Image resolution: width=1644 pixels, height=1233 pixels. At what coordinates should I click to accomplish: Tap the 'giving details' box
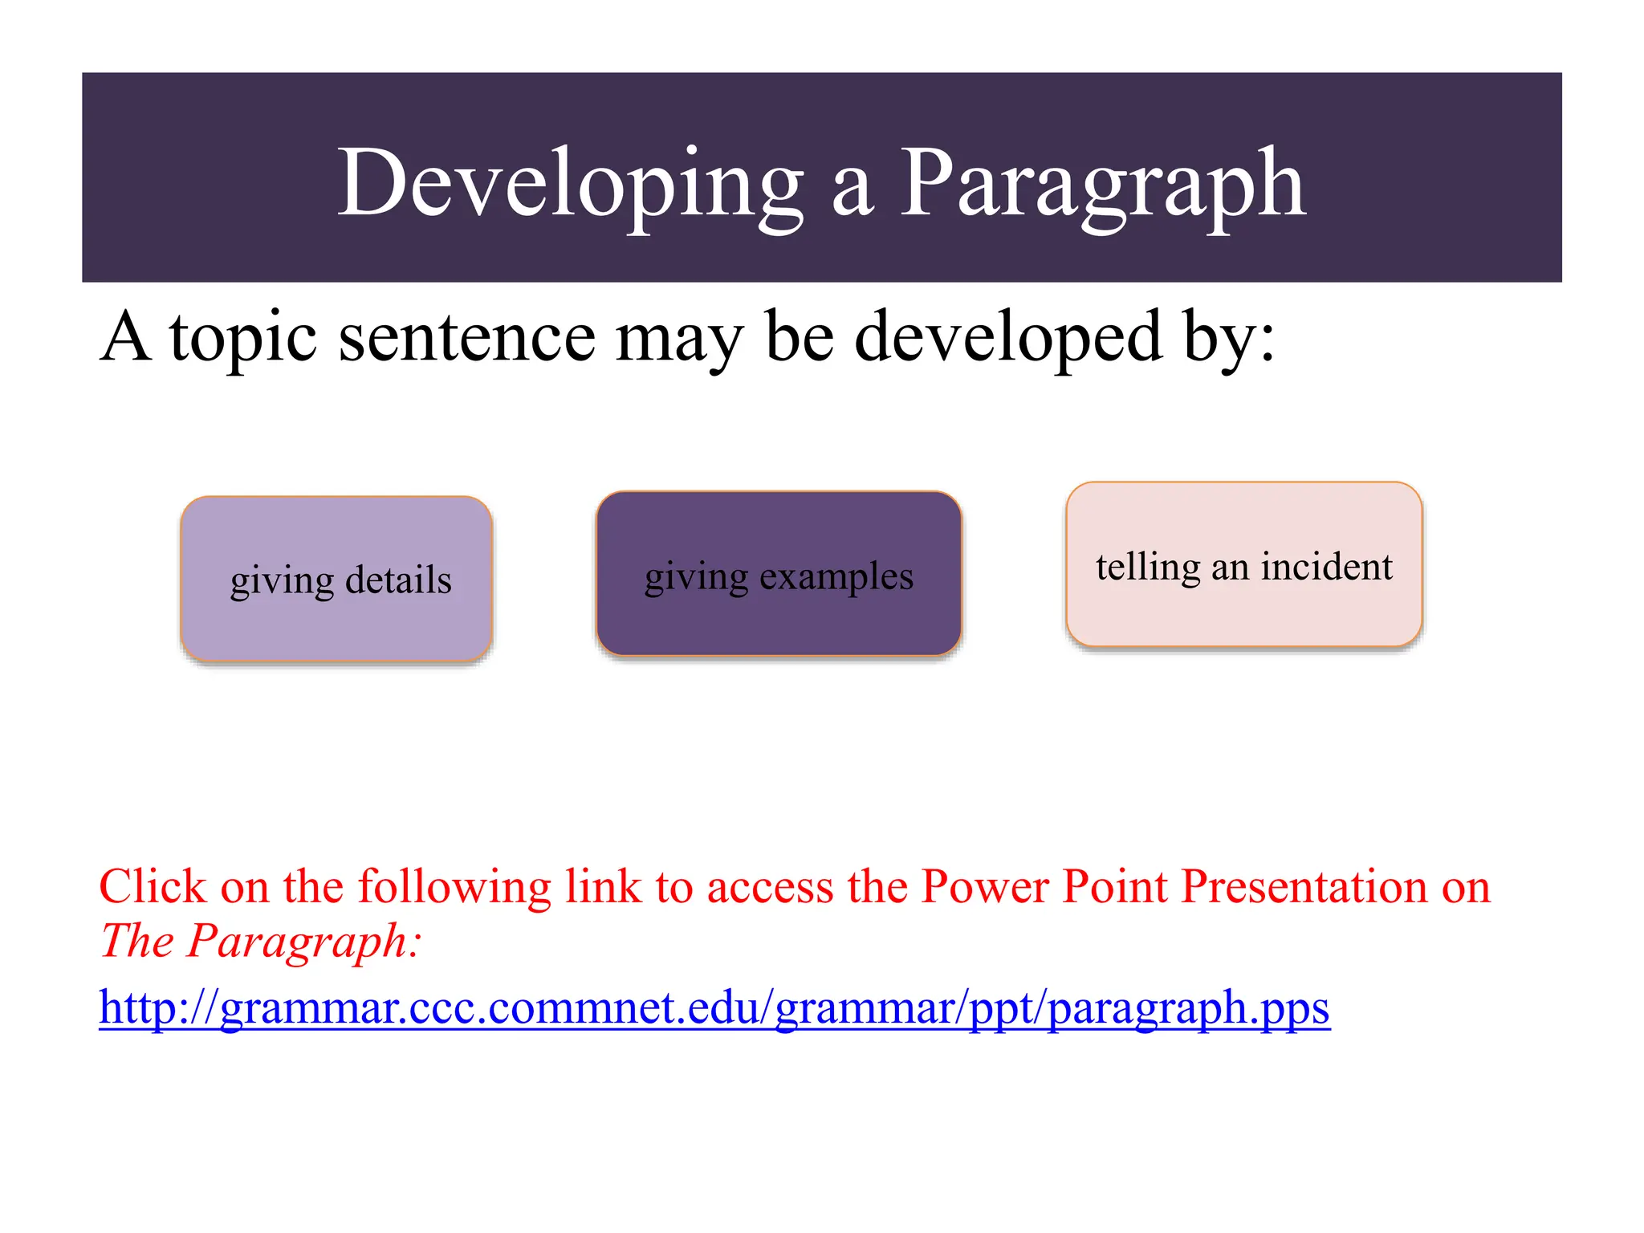click(336, 579)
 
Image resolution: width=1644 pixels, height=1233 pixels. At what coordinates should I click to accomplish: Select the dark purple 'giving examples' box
click(779, 574)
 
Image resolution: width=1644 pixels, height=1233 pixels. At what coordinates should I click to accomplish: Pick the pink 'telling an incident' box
click(1243, 564)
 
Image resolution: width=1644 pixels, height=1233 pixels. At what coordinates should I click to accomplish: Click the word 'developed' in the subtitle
click(1008, 338)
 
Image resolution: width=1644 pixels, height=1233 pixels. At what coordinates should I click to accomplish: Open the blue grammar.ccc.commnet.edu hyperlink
click(714, 1007)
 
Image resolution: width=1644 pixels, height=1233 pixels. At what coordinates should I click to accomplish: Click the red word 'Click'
click(153, 886)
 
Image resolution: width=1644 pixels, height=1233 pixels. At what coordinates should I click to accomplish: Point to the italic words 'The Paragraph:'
click(260, 940)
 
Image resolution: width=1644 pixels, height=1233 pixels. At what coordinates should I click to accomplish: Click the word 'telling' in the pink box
click(1148, 567)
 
